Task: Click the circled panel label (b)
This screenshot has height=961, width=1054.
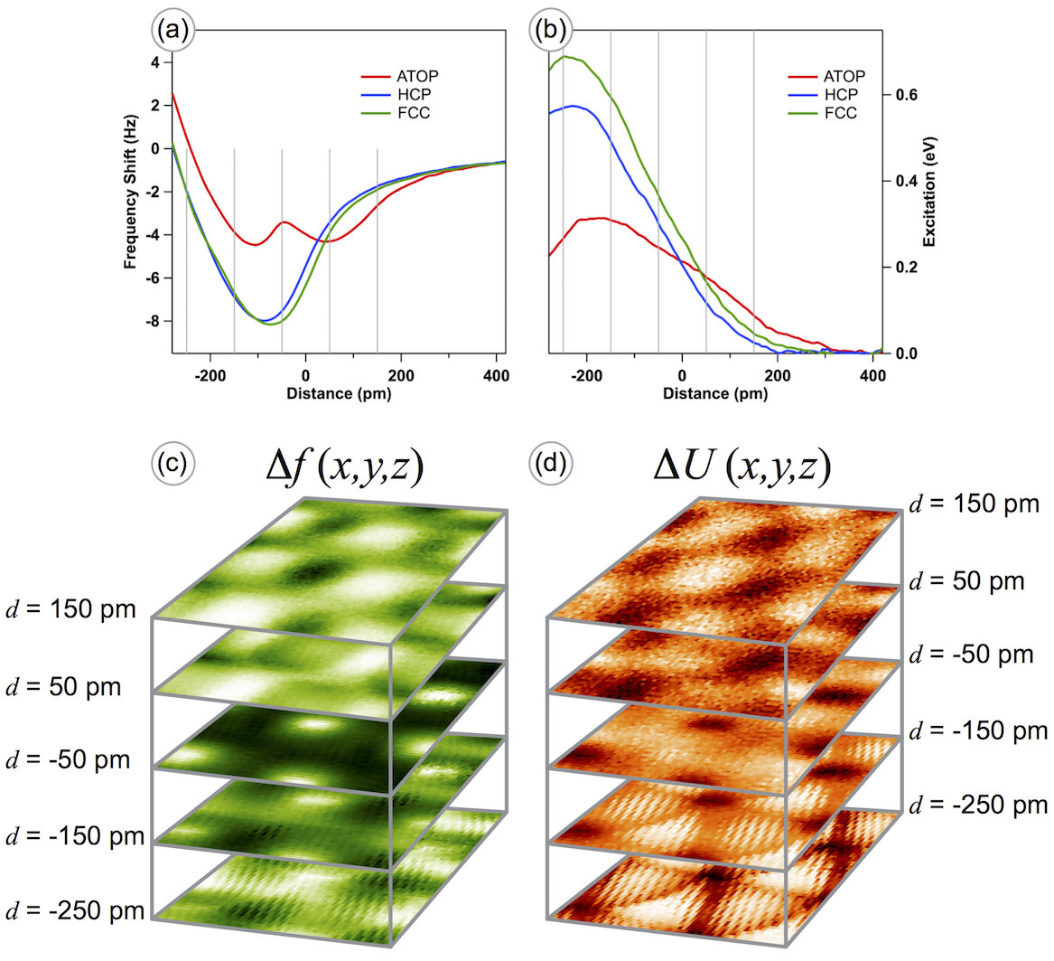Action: pyautogui.click(x=550, y=33)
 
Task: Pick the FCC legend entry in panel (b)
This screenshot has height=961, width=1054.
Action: pyautogui.click(x=839, y=113)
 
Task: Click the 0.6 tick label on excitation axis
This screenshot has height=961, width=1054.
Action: pyautogui.click(x=905, y=95)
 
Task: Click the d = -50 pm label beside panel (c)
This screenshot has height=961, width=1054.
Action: pyautogui.click(x=68, y=759)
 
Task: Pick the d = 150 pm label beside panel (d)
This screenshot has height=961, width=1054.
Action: pyautogui.click(x=975, y=504)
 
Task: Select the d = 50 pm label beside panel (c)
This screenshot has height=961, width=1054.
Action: pyautogui.click(x=62, y=685)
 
